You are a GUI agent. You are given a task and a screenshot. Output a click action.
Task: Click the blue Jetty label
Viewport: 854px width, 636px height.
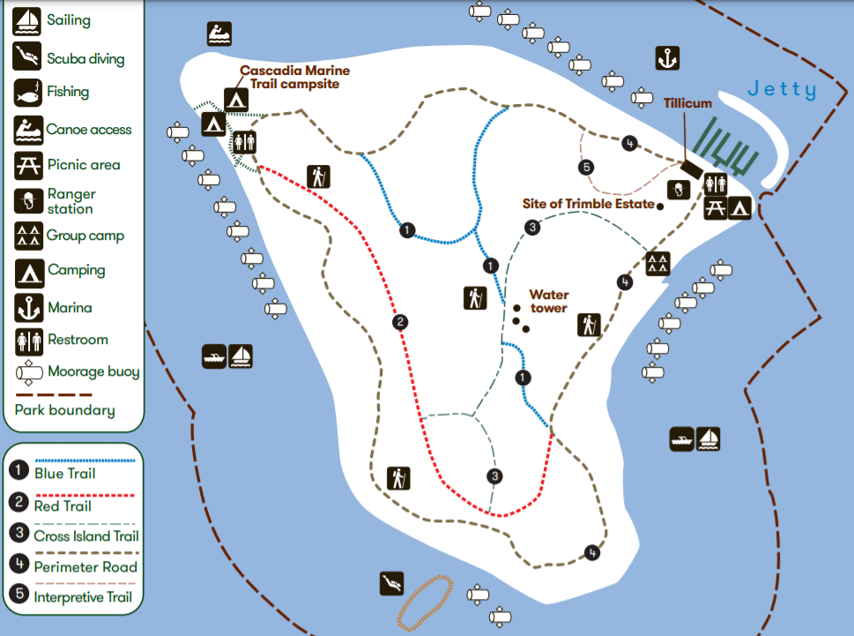click(x=782, y=90)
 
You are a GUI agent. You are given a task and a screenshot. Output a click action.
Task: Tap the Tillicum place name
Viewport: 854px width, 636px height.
click(x=687, y=103)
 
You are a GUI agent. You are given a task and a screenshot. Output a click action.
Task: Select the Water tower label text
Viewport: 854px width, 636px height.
click(x=549, y=302)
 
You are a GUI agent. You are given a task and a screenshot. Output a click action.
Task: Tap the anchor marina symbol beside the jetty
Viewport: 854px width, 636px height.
click(x=668, y=59)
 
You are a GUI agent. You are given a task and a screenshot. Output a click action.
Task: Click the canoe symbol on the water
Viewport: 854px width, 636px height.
click(x=219, y=34)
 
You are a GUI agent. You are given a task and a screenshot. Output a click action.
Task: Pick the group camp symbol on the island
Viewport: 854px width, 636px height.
click(x=657, y=262)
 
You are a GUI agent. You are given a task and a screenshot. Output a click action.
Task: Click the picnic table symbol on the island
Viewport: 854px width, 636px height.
click(x=715, y=207)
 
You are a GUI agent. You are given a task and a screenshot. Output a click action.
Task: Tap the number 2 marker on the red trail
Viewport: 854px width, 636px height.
click(x=400, y=322)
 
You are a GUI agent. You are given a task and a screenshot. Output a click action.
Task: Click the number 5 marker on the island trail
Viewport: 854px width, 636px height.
click(x=586, y=167)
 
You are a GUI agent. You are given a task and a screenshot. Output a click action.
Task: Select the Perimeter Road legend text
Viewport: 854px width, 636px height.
click(x=85, y=567)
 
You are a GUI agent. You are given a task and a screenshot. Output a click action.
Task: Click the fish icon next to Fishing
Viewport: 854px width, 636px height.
click(x=26, y=92)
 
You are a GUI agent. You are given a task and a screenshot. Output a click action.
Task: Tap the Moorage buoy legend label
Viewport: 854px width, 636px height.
click(x=93, y=372)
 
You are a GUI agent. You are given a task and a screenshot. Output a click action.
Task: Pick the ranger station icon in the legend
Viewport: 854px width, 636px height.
click(x=26, y=201)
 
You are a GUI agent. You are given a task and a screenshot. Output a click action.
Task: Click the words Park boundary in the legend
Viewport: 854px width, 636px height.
click(x=64, y=410)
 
